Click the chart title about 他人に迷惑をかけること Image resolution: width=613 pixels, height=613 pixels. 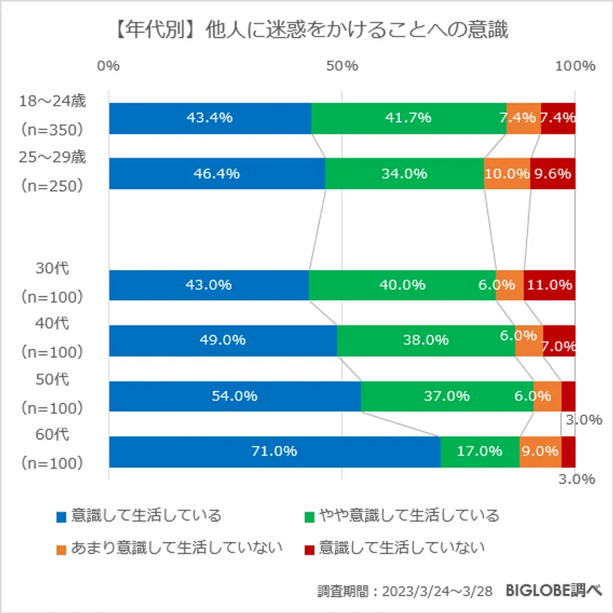(x=306, y=30)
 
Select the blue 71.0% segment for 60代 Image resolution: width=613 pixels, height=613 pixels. (x=274, y=452)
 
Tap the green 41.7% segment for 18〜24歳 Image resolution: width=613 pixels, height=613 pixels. (x=409, y=118)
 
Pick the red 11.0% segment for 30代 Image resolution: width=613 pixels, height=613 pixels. (x=550, y=285)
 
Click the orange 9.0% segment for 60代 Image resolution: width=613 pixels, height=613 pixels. (x=540, y=452)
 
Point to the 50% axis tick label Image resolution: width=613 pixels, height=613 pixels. (x=342, y=66)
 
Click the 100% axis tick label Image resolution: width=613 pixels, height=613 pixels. (x=576, y=66)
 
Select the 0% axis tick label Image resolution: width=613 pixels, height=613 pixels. (x=108, y=66)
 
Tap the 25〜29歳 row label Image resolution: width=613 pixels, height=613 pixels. (x=53, y=158)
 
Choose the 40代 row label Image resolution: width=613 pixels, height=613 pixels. (x=53, y=324)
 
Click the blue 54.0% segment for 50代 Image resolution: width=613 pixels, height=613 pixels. (x=234, y=396)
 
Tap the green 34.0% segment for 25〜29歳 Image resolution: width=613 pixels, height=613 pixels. (x=404, y=174)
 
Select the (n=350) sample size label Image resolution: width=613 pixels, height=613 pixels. (x=53, y=130)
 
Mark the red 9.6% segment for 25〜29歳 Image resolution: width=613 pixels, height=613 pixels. (x=552, y=174)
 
